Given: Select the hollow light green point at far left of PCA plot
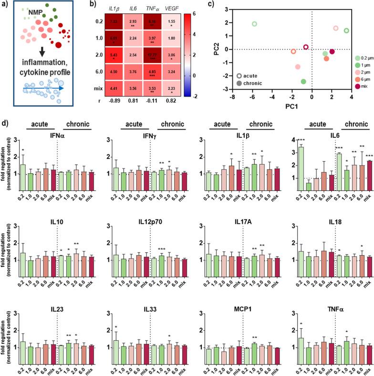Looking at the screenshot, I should tap(254, 24).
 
